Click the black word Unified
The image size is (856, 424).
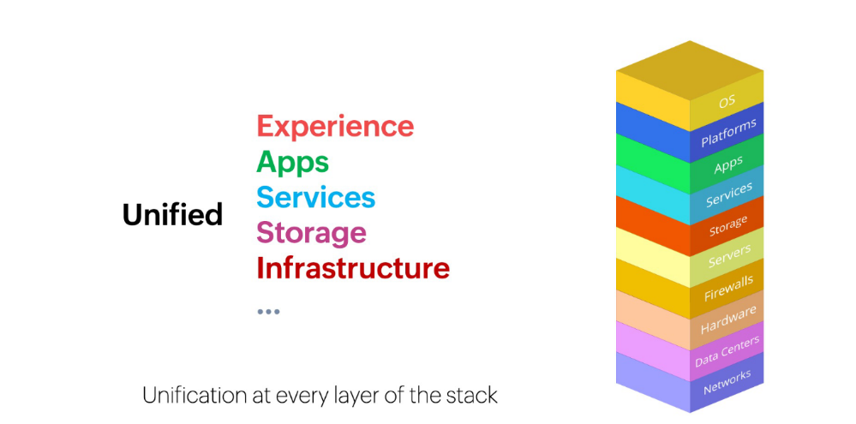pos(172,214)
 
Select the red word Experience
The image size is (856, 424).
pos(335,127)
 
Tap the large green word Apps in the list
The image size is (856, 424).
pos(292,163)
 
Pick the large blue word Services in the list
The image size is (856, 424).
pos(316,197)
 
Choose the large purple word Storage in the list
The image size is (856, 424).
pos(311,233)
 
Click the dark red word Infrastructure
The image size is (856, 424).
pos(353,268)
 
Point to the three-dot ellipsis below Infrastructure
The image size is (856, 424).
pos(268,312)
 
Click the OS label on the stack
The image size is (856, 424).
pos(727,101)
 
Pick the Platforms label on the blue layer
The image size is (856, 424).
pos(729,133)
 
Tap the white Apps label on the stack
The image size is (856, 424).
pos(728,164)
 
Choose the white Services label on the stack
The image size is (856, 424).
pos(729,194)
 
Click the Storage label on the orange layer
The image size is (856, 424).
pos(728,226)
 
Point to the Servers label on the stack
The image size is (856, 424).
pos(729,256)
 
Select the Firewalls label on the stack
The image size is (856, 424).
pos(729,288)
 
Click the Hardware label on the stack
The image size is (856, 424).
pos(729,319)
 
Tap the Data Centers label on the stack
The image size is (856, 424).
pos(727,352)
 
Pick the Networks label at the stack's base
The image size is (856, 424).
pos(727,381)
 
